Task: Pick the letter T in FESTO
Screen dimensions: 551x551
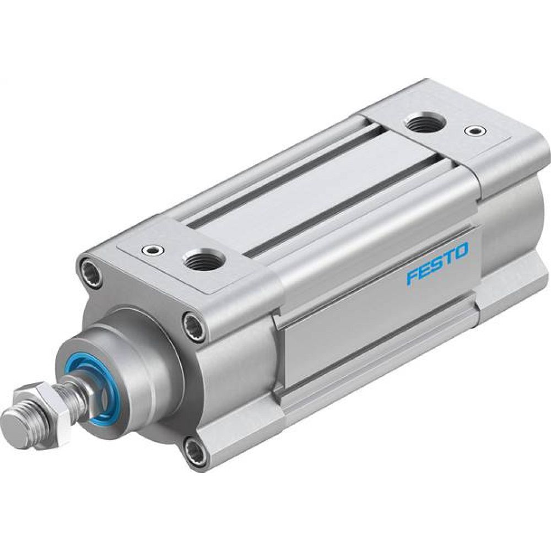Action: pyautogui.click(x=449, y=257)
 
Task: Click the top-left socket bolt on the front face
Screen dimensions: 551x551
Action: pyautogui.click(x=90, y=271)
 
